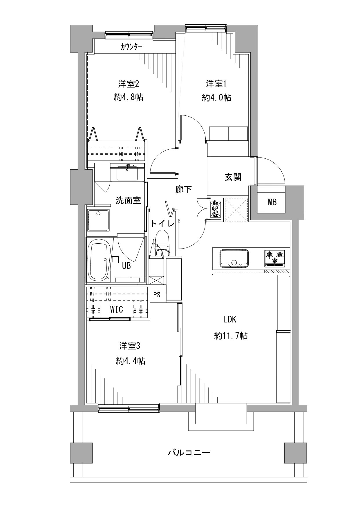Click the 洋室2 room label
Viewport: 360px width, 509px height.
[129, 84]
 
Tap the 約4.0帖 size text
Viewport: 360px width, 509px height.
[217, 97]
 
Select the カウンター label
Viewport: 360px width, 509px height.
[131, 46]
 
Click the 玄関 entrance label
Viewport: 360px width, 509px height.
[233, 177]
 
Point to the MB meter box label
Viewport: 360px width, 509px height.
[272, 202]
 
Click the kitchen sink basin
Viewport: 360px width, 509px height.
[234, 258]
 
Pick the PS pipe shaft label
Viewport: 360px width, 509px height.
[157, 295]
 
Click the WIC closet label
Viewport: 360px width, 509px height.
[116, 309]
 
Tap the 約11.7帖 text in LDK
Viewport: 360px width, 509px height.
[231, 336]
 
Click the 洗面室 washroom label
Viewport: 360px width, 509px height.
[128, 200]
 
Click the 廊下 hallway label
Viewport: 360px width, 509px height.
[183, 189]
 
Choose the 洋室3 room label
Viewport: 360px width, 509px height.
[130, 346]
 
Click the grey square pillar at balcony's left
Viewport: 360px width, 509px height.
[82, 453]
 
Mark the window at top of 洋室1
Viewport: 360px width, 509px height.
[206, 28]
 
